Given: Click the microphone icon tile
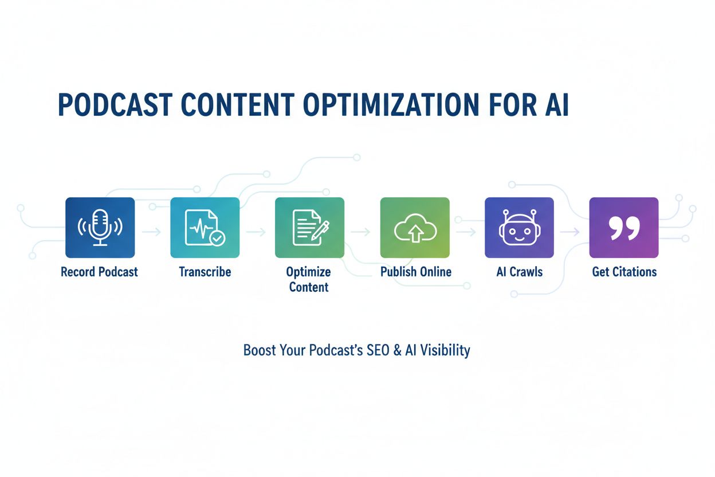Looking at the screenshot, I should click(x=100, y=228).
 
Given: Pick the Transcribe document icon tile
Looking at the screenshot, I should click(x=205, y=228).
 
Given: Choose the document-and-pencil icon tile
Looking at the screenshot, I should click(x=309, y=228).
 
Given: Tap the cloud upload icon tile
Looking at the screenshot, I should click(x=415, y=228).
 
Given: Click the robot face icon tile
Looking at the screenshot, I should click(x=519, y=228).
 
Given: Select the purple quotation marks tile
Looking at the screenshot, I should click(x=623, y=228).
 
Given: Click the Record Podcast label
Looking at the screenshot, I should click(x=100, y=272).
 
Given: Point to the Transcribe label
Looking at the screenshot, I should click(x=205, y=272).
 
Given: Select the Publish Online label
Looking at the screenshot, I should click(x=416, y=272).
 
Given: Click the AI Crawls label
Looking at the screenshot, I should click(x=519, y=272).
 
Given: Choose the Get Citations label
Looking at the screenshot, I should click(x=624, y=272).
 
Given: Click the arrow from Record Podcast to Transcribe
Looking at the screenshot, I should click(x=152, y=232).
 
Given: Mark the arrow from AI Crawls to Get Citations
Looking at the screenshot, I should click(x=571, y=232).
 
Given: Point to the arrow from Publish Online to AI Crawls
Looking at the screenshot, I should click(x=466, y=232).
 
